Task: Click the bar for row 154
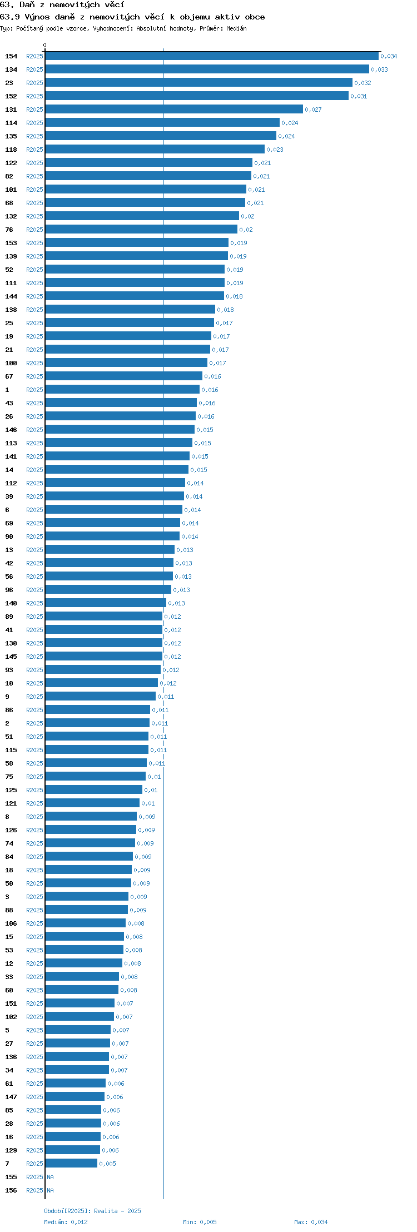point(212,56)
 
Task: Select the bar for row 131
point(174,110)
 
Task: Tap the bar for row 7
point(71,1164)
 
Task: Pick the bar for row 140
point(106,603)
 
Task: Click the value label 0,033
point(380,70)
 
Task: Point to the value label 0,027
point(314,110)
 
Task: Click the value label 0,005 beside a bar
point(108,1164)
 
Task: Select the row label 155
point(11,1177)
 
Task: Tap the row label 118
point(11,150)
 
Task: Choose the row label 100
point(11,363)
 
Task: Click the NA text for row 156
point(51,1190)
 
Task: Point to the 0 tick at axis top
point(45,45)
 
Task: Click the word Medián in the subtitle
point(236,28)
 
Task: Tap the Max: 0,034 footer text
point(311,1222)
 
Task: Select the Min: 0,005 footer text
point(200,1222)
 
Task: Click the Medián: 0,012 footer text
point(66,1222)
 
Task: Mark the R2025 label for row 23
point(34,83)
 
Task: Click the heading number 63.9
point(10,17)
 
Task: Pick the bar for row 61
point(75,1084)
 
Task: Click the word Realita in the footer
point(106,1211)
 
